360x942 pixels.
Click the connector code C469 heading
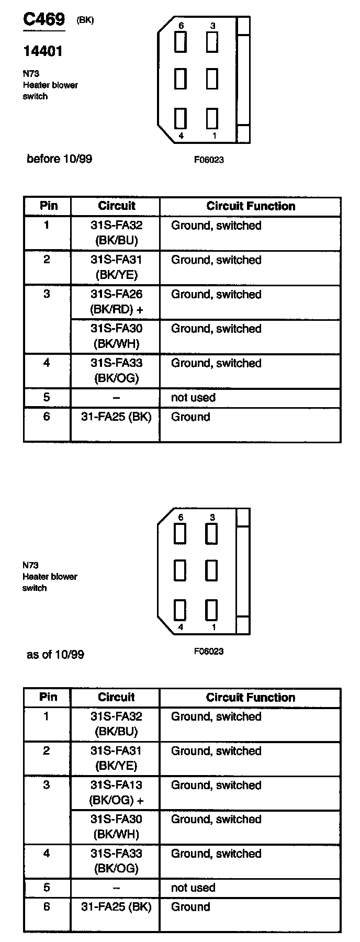point(44,20)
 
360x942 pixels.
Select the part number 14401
point(43,51)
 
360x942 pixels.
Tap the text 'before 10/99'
point(59,159)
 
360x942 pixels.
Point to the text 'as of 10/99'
point(55,654)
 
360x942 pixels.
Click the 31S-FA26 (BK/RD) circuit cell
point(116,302)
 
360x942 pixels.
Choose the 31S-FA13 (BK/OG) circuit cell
point(116,792)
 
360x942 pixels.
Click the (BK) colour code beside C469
point(85,20)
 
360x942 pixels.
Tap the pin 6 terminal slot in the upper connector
point(181,42)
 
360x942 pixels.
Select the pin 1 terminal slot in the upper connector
point(212,118)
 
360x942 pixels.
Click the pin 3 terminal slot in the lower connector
point(211,534)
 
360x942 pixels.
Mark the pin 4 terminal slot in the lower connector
point(181,610)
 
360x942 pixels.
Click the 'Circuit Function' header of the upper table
point(251,206)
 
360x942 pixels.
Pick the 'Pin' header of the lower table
point(48,697)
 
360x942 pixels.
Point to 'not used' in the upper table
point(193,398)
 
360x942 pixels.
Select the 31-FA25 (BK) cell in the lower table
point(116,907)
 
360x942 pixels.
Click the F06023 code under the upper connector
point(209,160)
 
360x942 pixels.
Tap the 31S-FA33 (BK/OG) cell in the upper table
point(116,371)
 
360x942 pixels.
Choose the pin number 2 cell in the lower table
point(47,751)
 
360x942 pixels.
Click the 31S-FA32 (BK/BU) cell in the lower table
point(116,724)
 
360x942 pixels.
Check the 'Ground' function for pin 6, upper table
point(190,417)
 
